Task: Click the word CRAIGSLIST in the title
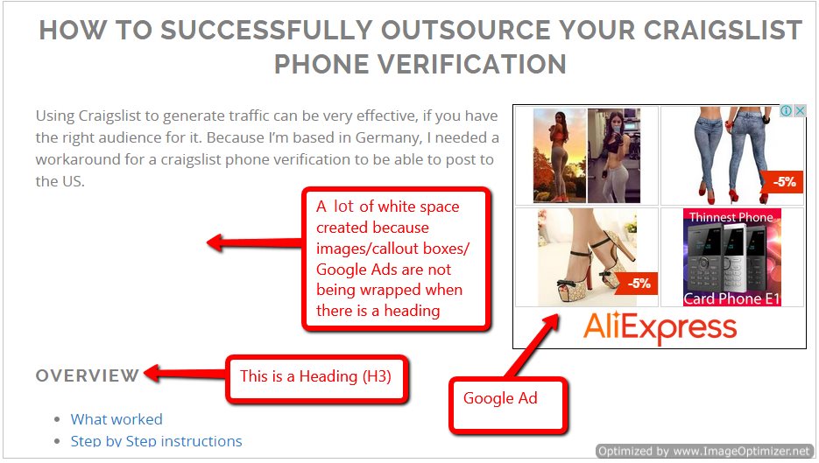723,30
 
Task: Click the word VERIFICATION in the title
472,65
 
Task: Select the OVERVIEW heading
88,375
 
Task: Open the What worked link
116,419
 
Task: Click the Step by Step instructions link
156,441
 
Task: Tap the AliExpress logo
660,327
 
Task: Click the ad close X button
800,110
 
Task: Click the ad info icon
786,110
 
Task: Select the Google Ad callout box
508,405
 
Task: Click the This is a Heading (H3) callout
316,379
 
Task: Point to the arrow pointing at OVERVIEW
184,374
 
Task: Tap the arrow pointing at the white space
254,242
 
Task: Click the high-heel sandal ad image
587,257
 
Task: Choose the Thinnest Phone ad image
731,257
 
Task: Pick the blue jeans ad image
731,156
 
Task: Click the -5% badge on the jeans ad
781,182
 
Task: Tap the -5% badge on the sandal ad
636,284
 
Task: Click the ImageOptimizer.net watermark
704,451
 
